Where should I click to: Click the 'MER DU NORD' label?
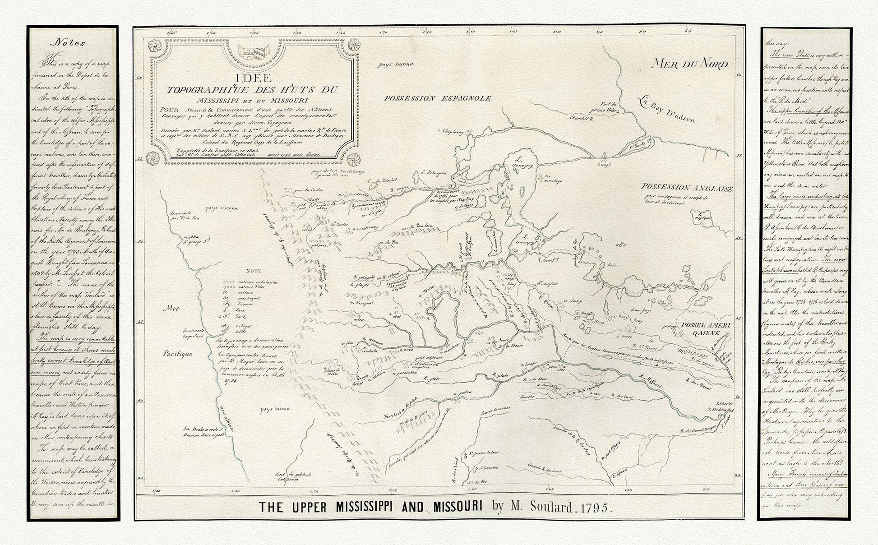point(690,64)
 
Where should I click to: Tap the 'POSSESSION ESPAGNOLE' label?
point(436,98)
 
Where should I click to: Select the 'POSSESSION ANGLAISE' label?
point(686,188)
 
